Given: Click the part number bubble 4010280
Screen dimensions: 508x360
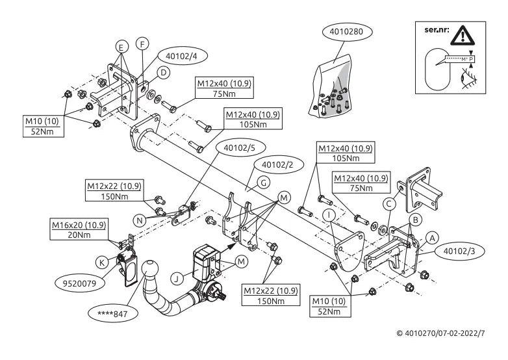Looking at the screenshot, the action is coord(348,32).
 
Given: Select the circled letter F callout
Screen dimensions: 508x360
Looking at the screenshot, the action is coord(142,44).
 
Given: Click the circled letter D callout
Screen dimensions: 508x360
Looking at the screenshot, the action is coord(163,73).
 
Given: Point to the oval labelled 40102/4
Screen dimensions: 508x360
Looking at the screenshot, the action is coord(181,56).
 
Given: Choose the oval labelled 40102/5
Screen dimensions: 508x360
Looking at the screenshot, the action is coord(240,148).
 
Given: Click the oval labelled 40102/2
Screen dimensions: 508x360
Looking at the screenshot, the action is coord(277,165).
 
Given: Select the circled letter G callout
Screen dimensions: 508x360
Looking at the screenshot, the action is coord(263,183).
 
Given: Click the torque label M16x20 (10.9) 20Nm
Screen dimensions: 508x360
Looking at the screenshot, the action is coord(79,229).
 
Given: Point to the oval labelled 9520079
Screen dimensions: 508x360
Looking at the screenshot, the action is coord(79,283).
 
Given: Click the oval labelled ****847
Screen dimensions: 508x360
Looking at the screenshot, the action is coord(113,314).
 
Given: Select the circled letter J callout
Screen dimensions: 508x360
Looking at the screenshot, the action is coord(177,279).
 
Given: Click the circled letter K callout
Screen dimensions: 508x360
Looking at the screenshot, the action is coord(102,263).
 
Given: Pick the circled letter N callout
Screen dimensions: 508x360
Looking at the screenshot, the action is coord(140,221).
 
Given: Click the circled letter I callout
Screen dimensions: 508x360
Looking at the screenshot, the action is coord(329,215).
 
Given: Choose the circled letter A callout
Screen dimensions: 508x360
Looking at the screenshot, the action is coord(432,238).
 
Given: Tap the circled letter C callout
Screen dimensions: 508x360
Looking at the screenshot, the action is coord(389,204).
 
